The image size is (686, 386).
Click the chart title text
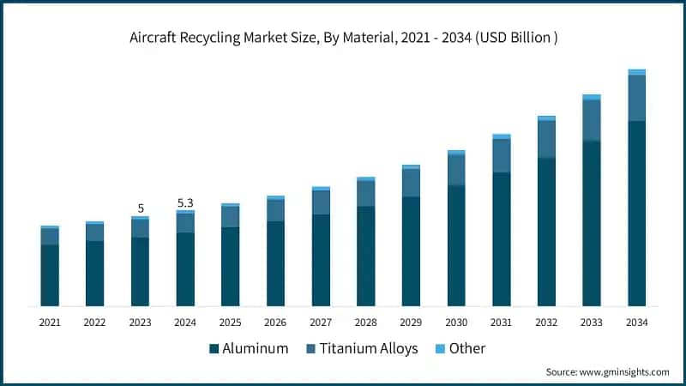(343, 37)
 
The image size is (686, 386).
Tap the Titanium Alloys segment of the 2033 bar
(591, 120)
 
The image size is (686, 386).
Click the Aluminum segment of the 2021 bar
(50, 274)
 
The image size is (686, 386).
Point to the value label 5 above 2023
(140, 208)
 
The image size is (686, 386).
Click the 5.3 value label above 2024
(185, 202)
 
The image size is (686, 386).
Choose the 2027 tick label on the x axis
(321, 323)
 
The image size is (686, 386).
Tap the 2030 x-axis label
(455, 323)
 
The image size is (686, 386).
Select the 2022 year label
(94, 323)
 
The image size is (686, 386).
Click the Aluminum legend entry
(248, 348)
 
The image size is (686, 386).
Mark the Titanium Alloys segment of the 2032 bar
(546, 139)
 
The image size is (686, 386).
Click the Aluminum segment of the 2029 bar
(411, 250)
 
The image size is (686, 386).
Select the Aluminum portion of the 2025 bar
(230, 266)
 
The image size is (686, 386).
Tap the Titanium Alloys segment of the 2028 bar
(365, 193)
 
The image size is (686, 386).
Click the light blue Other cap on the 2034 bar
(636, 72)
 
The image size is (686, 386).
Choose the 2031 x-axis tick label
(501, 323)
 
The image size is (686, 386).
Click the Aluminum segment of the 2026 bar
(275, 263)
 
